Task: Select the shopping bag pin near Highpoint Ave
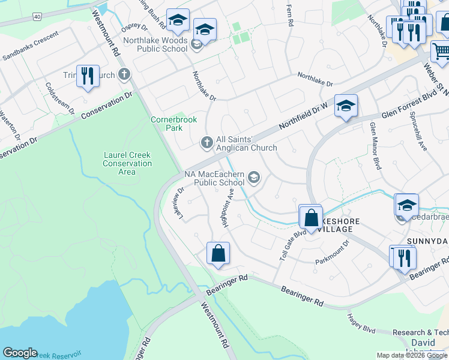[x=218, y=253]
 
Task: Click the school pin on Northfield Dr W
[x=346, y=106]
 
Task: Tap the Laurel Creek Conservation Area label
[x=127, y=163]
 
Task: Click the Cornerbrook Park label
[x=173, y=124]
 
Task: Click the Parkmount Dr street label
[x=332, y=253]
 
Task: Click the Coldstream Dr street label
[x=59, y=98]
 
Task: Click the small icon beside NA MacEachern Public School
[x=254, y=176]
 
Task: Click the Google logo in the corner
[x=20, y=353]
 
